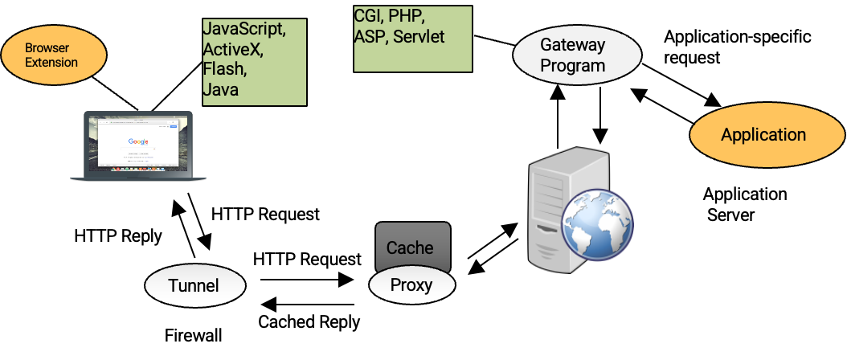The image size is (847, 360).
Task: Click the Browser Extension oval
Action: pyautogui.click(x=53, y=55)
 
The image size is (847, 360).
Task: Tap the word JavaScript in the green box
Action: pyautogui.click(x=243, y=30)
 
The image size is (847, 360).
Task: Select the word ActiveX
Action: pyautogui.click(x=232, y=50)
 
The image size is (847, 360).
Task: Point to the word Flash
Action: pyautogui.click(x=224, y=70)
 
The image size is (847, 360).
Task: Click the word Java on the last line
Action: pyautogui.click(x=220, y=90)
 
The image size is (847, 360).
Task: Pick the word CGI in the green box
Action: pyautogui.click(x=369, y=17)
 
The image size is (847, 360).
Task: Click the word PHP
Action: pyautogui.click(x=406, y=17)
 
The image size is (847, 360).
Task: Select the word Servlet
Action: pyautogui.click(x=419, y=37)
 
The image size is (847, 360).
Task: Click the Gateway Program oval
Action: pyautogui.click(x=577, y=55)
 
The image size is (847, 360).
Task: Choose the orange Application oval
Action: pyautogui.click(x=763, y=135)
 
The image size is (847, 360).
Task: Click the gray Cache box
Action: pyautogui.click(x=412, y=246)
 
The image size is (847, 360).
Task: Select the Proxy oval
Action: pyautogui.click(x=411, y=284)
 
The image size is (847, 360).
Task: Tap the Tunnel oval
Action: pyautogui.click(x=194, y=285)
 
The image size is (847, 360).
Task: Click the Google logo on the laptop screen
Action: pyautogui.click(x=138, y=141)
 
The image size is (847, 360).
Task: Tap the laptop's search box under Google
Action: pyautogui.click(x=138, y=149)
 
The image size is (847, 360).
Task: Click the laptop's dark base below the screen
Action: pyautogui.click(x=138, y=176)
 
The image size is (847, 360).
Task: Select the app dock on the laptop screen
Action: pyautogui.click(x=138, y=170)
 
